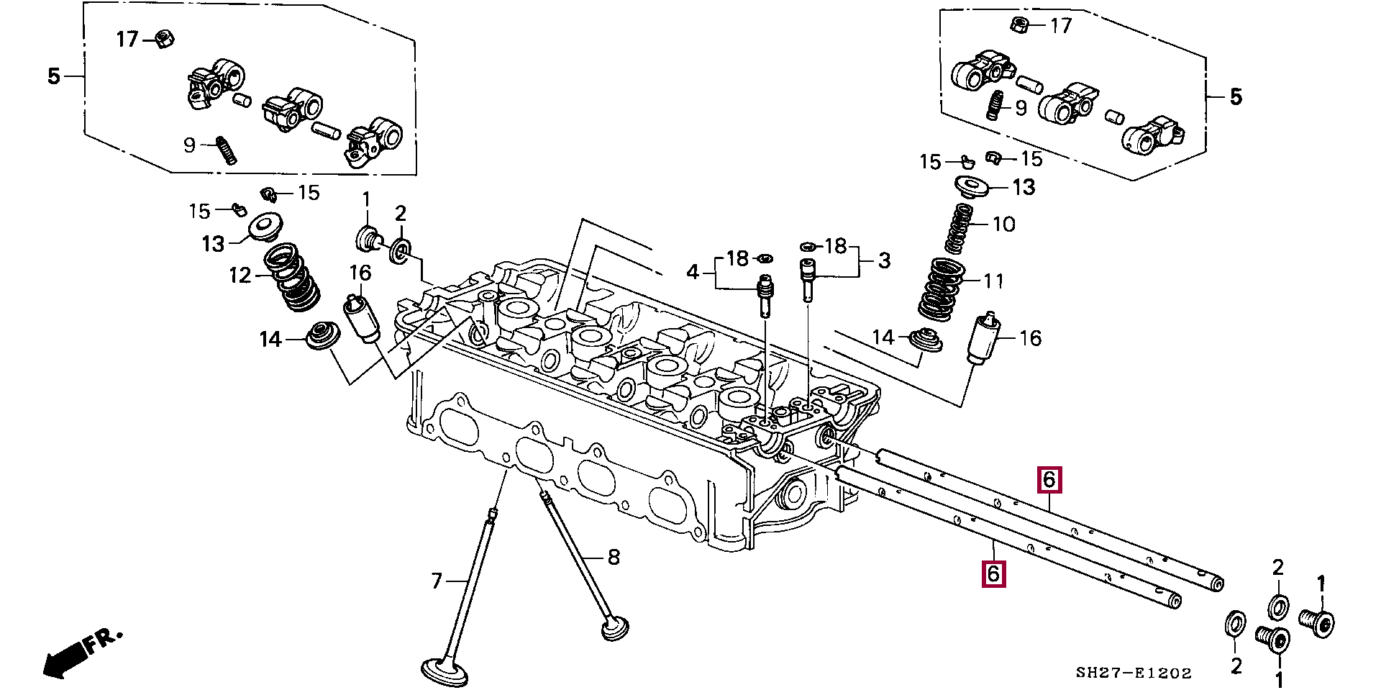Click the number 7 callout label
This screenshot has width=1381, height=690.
437,580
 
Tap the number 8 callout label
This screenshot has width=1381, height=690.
614,557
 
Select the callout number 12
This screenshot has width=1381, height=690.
240,276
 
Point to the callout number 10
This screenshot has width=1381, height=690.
1004,224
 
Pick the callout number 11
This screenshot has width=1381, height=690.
993,281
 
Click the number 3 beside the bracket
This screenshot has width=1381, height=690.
884,260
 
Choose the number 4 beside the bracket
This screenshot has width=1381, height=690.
693,272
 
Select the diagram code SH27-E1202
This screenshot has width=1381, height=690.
1134,673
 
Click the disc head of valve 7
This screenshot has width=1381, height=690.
445,671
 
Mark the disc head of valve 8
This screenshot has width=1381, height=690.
616,627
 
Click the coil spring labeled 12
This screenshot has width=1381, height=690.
291,278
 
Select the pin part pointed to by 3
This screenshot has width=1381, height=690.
808,279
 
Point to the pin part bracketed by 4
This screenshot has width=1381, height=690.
765,296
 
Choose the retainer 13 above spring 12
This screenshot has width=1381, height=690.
265,227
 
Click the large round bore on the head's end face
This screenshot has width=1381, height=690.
793,494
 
